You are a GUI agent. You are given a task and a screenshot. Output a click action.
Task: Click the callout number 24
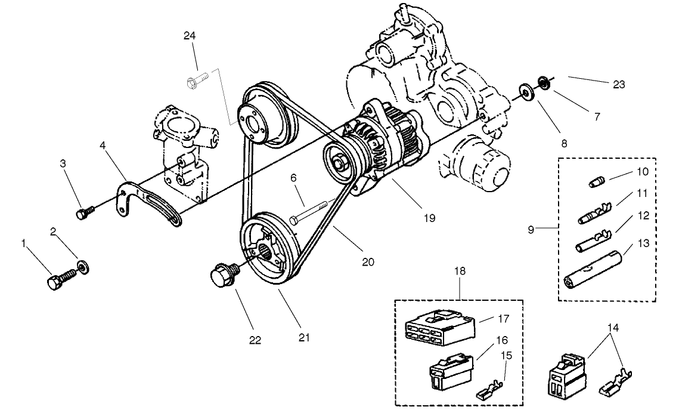190,36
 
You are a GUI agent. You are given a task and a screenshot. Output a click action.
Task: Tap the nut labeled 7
544,81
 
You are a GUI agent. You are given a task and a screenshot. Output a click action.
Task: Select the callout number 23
618,85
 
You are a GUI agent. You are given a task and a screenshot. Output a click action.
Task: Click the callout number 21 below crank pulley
305,338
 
